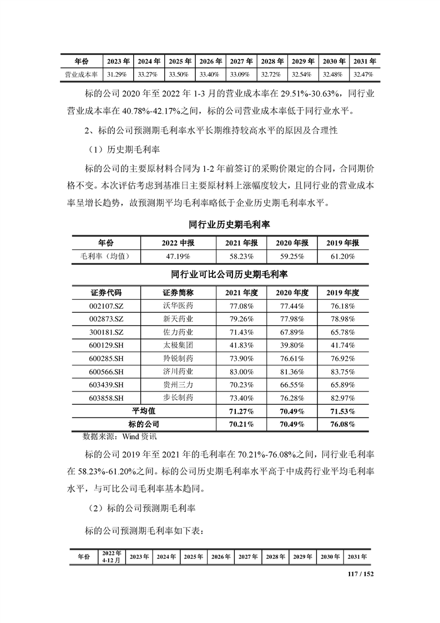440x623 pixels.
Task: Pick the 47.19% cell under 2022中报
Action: (x=176, y=257)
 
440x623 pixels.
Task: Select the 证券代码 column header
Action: (x=105, y=293)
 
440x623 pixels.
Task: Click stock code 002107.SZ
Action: (x=105, y=306)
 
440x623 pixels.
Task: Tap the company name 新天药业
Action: (x=178, y=319)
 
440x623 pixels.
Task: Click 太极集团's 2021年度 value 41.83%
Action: (x=240, y=345)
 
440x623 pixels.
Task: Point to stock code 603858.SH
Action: (x=105, y=398)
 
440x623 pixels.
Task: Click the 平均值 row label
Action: (x=143, y=411)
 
